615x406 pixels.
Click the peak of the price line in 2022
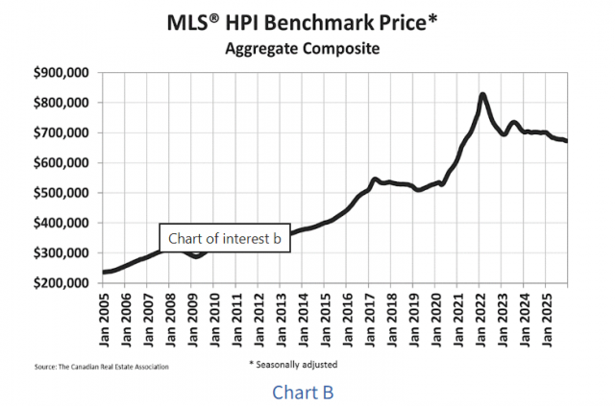pyautogui.click(x=482, y=94)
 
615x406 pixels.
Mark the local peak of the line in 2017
pyautogui.click(x=375, y=179)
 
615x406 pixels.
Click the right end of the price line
pyautogui.click(x=566, y=141)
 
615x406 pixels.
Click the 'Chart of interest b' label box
pyautogui.click(x=225, y=238)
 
